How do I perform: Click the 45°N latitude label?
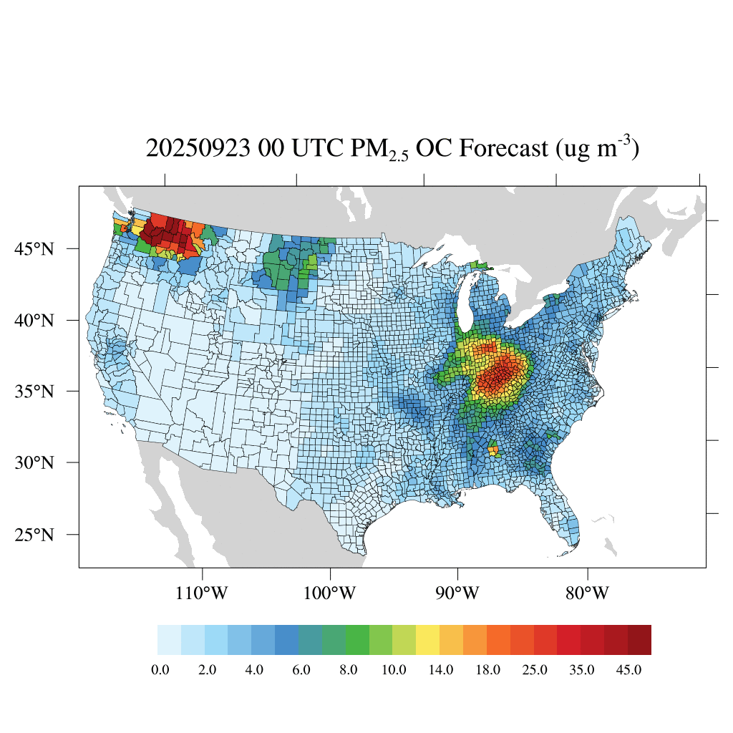point(35,249)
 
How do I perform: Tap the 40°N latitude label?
point(35,320)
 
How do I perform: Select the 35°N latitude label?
point(35,392)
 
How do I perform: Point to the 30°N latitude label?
point(35,462)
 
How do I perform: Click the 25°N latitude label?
point(35,535)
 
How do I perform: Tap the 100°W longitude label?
point(330,593)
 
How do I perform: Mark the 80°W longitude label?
point(587,593)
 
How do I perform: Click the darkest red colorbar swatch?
point(639,640)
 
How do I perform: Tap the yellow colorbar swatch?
point(427,640)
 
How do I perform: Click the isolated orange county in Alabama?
point(492,451)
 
